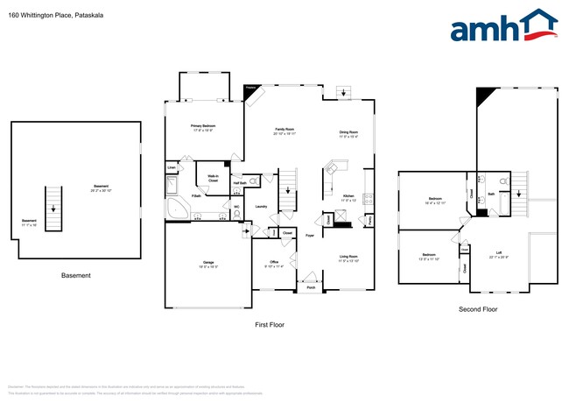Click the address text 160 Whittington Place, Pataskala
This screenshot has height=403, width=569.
click(x=44, y=14)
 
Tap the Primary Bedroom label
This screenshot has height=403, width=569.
click(x=203, y=128)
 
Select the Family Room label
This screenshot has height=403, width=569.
click(x=284, y=132)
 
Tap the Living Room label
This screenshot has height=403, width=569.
click(x=349, y=258)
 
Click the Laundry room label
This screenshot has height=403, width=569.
click(x=261, y=207)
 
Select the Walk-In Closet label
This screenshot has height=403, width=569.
click(x=213, y=178)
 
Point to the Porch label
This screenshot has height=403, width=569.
click(x=310, y=286)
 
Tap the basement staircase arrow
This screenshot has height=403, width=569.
click(x=53, y=209)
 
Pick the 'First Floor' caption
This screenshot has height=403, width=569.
click(x=269, y=325)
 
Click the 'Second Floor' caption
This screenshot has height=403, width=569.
click(x=478, y=309)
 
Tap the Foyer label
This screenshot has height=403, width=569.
click(x=310, y=237)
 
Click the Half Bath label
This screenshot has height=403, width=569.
click(x=238, y=182)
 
